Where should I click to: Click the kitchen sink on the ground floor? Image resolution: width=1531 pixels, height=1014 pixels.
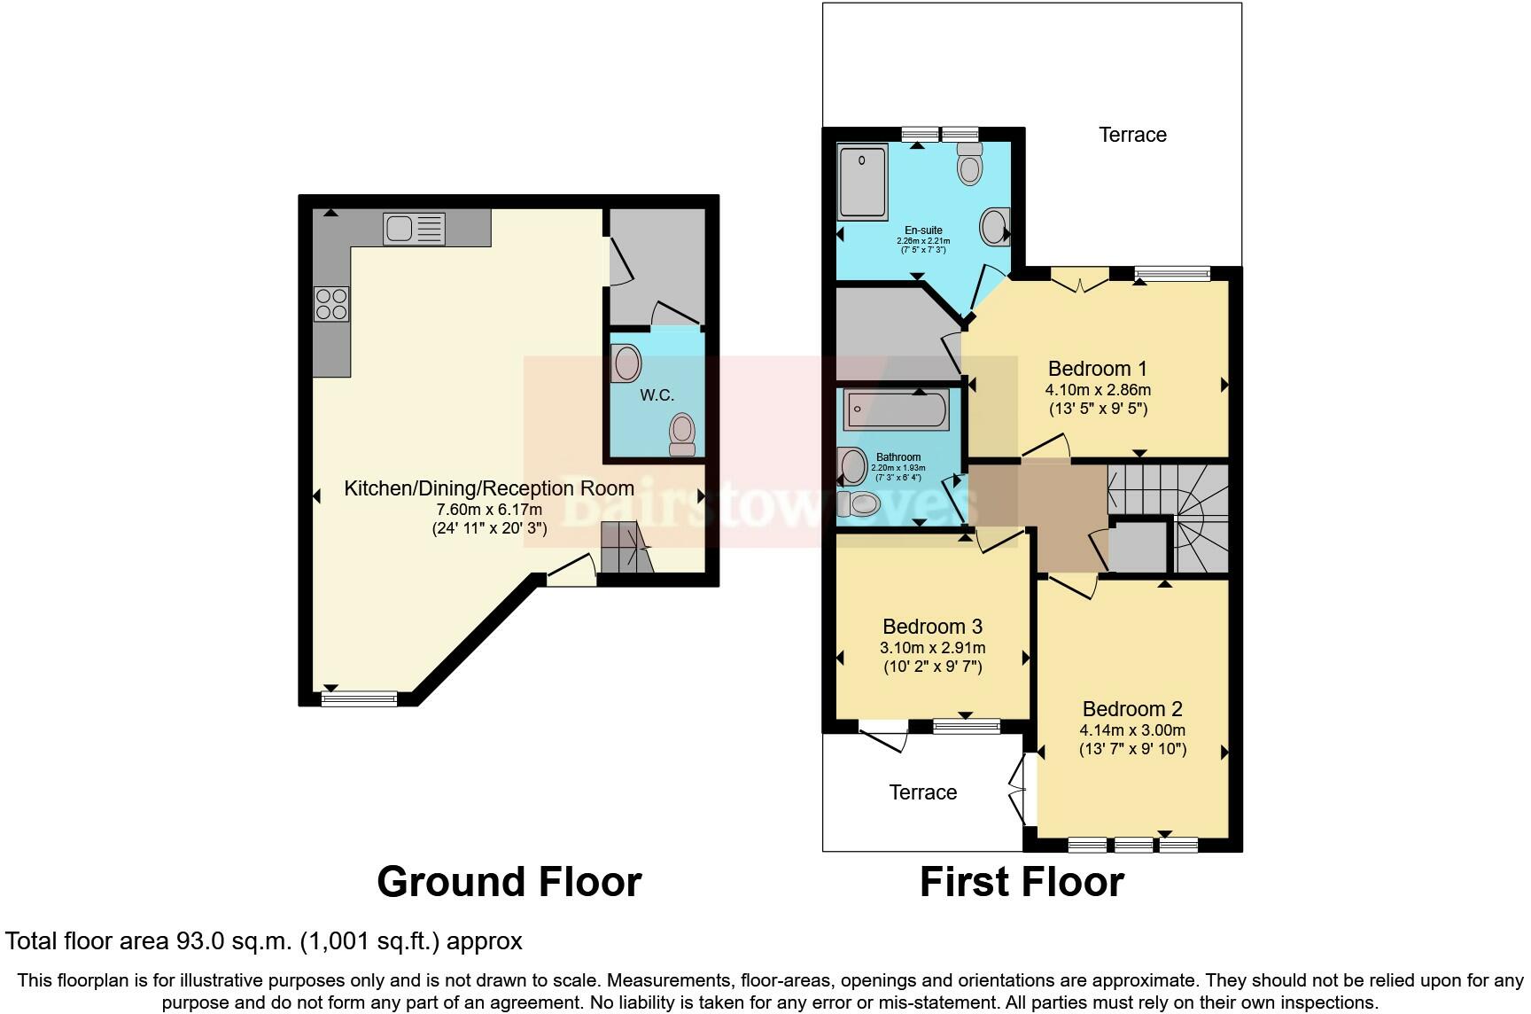[414, 229]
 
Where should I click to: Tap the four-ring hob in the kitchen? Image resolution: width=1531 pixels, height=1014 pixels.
[331, 304]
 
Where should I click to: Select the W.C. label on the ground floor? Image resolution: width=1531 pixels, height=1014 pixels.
[657, 395]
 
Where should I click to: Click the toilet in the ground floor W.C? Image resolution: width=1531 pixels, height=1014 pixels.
[682, 433]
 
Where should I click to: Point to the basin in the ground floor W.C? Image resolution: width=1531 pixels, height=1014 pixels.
[626, 363]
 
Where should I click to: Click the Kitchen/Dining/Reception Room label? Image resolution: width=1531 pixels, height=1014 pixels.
[488, 488]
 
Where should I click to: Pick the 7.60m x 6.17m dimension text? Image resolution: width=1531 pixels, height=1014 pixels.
[489, 510]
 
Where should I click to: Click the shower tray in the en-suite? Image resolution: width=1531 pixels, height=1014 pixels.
[862, 180]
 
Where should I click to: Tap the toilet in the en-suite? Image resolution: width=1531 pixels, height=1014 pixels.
[970, 162]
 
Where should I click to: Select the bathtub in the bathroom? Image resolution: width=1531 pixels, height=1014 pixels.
[896, 410]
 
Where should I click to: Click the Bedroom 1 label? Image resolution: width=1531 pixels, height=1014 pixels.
[1097, 369]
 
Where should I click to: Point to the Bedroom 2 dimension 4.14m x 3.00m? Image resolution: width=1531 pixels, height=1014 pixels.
[1132, 730]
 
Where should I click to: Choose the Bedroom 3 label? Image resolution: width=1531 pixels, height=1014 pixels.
[932, 627]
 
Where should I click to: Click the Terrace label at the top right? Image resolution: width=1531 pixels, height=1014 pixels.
[1132, 135]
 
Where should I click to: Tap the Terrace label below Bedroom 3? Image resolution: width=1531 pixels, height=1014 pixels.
[922, 792]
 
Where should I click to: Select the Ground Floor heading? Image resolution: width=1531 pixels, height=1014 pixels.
[509, 882]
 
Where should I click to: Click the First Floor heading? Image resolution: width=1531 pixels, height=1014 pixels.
[1022, 882]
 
